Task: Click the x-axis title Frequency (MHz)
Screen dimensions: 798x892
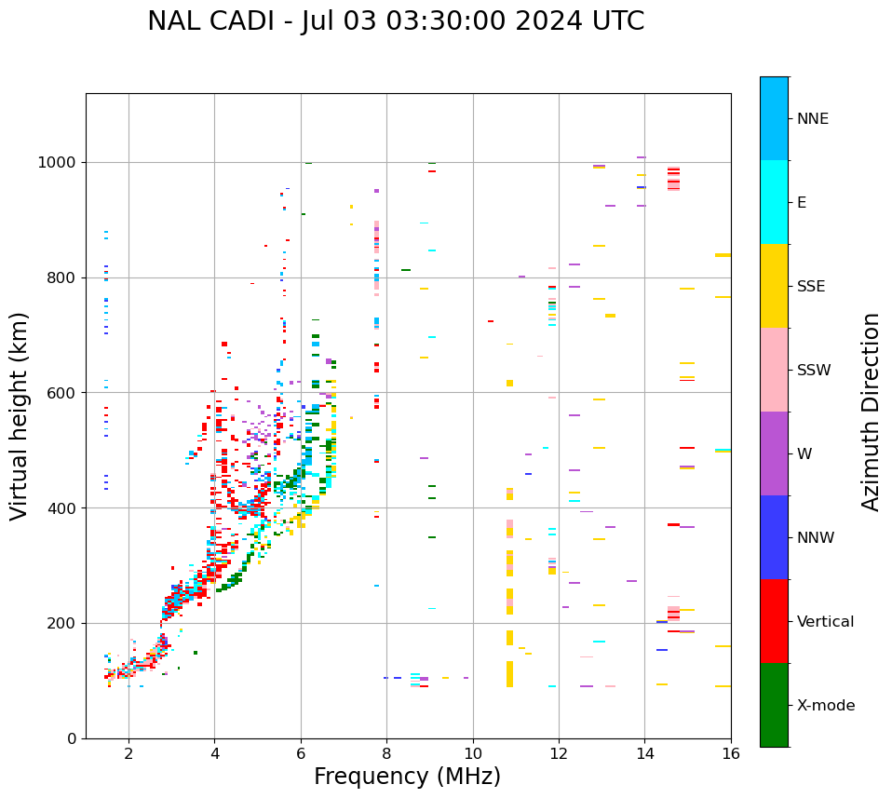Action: pyautogui.click(x=407, y=777)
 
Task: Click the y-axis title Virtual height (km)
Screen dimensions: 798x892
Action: pyautogui.click(x=20, y=416)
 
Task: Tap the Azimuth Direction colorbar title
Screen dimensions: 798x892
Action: pyautogui.click(x=871, y=412)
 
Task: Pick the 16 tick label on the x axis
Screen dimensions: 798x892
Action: pyautogui.click(x=731, y=753)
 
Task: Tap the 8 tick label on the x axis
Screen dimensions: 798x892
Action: pyautogui.click(x=386, y=753)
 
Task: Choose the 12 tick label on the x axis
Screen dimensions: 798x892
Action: pyautogui.click(x=559, y=753)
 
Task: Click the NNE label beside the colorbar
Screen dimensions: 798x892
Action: pyautogui.click(x=813, y=119)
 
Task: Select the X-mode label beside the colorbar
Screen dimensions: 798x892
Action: pyautogui.click(x=826, y=706)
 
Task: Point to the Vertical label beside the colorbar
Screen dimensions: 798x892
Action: pyautogui.click(x=825, y=622)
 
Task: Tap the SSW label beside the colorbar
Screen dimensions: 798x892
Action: pyautogui.click(x=814, y=371)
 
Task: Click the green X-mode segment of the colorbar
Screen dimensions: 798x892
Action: pyautogui.click(x=774, y=705)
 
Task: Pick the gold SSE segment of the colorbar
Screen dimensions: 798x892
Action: pyautogui.click(x=774, y=286)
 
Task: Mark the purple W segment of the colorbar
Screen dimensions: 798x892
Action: pyautogui.click(x=774, y=453)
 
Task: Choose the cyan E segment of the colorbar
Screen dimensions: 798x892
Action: pyautogui.click(x=774, y=202)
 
